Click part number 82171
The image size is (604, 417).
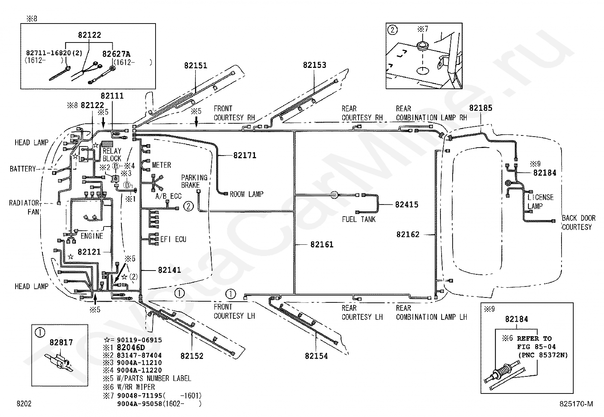coord(245,155)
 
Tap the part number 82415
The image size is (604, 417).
coord(407,205)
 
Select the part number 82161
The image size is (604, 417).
coord(322,244)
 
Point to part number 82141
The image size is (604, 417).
coord(169,270)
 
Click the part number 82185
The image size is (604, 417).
coord(480,108)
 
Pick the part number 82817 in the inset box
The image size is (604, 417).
coord(61,342)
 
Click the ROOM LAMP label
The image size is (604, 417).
coord(247,194)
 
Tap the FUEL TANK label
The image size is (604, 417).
coord(359,219)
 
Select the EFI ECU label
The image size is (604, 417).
coord(173,239)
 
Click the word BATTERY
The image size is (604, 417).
coord(23,169)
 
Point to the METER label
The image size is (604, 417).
coord(161,165)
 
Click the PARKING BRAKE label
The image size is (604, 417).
coord(194,181)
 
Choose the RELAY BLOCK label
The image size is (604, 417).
coord(112,154)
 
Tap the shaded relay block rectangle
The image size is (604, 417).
coord(107,144)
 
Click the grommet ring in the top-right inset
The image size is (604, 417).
coord(423,46)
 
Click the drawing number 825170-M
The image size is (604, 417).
coord(576,403)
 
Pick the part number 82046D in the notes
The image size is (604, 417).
coord(131,348)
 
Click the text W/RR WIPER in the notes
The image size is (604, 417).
coord(136,387)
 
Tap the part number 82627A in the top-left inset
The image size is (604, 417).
coord(116,54)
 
